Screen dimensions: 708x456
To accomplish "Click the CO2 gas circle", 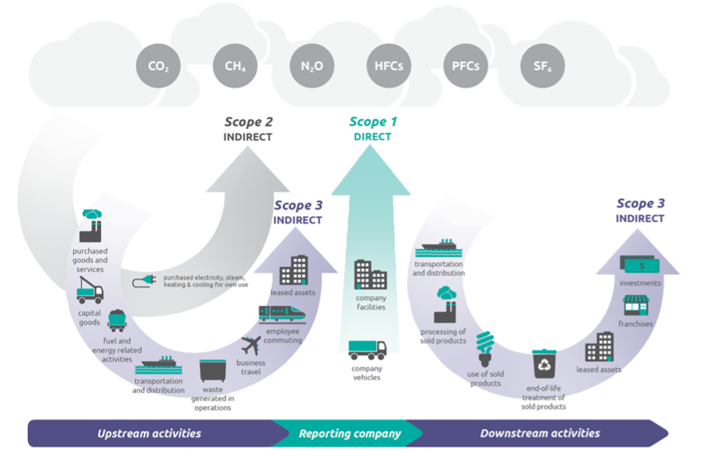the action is tap(158, 66).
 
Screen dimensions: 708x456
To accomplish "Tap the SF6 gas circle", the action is tap(542, 66).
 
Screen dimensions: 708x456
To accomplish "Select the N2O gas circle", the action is tap(312, 66).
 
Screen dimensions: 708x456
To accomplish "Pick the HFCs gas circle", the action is tap(388, 66).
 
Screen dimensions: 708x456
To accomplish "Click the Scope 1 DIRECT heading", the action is tap(373, 129).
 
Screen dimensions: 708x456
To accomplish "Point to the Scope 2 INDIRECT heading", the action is tap(248, 129).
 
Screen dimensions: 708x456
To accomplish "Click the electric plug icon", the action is tap(144, 281).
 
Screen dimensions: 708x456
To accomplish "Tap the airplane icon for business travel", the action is tap(251, 345).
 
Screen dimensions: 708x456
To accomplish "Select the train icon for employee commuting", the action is tap(282, 314).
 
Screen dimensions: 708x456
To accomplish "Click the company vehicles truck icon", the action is tap(367, 350).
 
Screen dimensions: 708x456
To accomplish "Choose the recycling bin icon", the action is tap(544, 364).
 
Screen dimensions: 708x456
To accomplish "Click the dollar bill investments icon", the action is tap(640, 264).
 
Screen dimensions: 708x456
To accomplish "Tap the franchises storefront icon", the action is tap(636, 305).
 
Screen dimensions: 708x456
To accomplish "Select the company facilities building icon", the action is tap(370, 274).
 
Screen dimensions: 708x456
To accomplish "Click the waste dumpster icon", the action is tap(213, 370).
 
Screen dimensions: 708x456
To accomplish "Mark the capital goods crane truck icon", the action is tap(89, 290).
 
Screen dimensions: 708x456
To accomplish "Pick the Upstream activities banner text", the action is tap(149, 433).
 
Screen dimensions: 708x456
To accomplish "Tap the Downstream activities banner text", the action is tap(540, 433).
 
